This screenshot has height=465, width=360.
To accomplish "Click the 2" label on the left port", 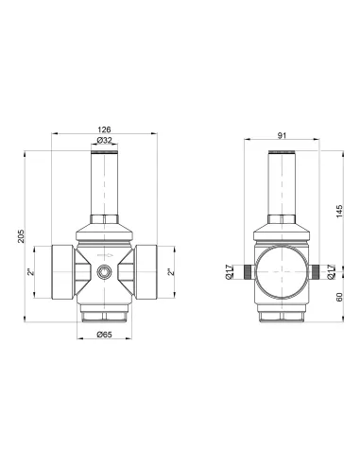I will [x=31, y=272].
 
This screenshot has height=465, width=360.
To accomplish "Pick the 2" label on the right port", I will [x=171, y=272].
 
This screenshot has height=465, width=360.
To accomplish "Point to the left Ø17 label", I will [x=230, y=272].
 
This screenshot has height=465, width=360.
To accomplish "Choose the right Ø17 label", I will [x=331, y=272].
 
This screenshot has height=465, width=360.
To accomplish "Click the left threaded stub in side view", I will [x=248, y=271].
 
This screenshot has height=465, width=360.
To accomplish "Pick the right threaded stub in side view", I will [x=314, y=271].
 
